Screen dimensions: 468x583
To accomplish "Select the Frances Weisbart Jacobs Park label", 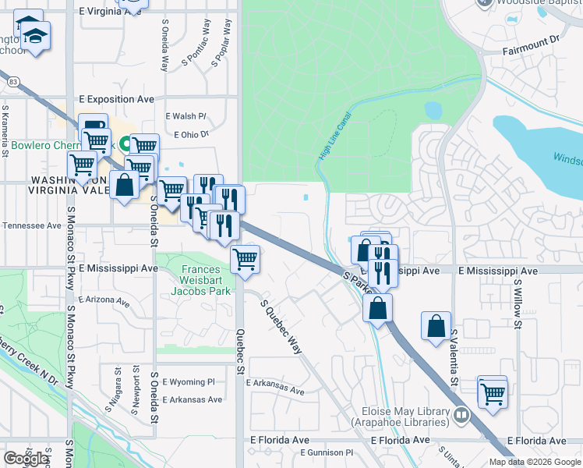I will coord(205,280).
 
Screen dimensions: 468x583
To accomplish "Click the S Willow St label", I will coord(517,296).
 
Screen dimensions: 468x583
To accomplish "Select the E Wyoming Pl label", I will coord(188,382).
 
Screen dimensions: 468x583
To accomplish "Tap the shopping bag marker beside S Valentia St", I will coord(436,325).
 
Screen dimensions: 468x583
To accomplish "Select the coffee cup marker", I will coord(94,126).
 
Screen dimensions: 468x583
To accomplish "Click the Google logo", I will coord(26,458).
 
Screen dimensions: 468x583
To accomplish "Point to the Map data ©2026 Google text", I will coord(535,462).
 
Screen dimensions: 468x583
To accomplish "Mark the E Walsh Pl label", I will coord(185,116).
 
